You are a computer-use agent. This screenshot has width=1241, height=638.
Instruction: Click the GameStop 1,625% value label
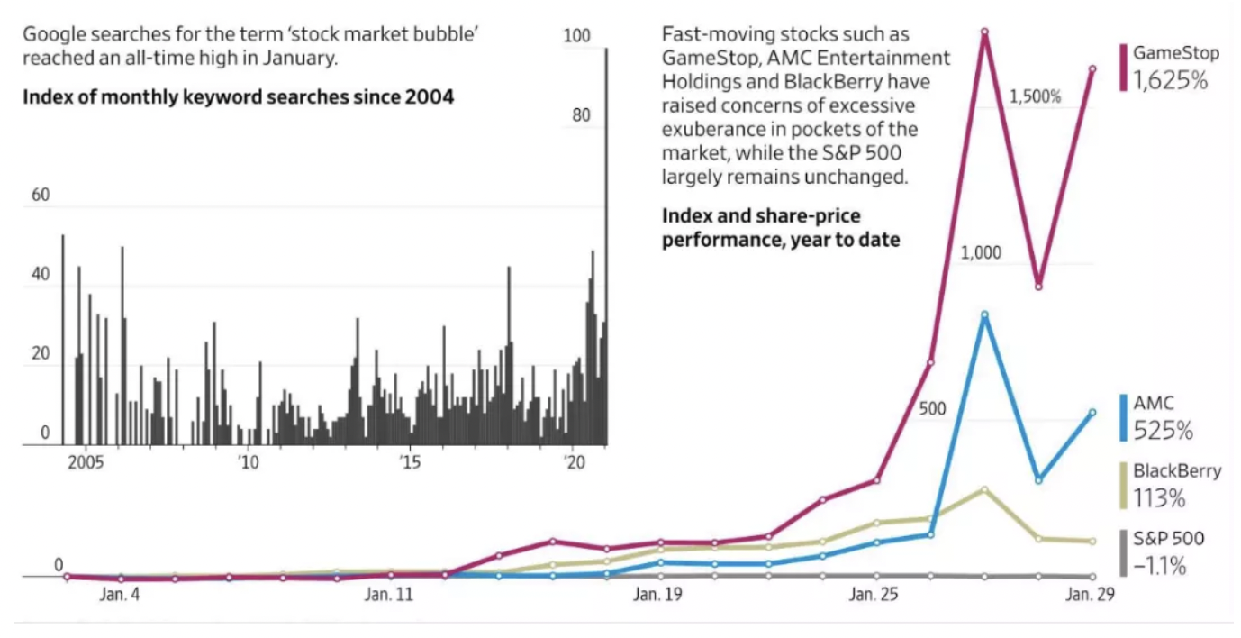[1169, 80]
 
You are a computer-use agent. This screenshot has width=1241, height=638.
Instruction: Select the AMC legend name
[1153, 404]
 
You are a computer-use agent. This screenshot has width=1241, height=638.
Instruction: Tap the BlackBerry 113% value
[1159, 498]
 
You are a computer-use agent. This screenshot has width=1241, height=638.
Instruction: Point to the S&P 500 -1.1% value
[1159, 567]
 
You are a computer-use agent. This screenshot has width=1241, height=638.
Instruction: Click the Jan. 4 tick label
[120, 595]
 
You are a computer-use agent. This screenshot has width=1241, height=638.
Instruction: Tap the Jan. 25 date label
[874, 595]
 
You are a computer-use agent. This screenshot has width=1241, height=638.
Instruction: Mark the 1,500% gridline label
[1035, 96]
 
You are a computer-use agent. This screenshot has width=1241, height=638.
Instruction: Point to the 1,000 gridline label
[981, 252]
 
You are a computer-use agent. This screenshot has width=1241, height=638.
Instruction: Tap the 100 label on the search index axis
[575, 36]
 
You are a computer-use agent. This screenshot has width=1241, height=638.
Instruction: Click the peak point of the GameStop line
[984, 32]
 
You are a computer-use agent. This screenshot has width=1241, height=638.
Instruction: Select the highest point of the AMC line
[984, 314]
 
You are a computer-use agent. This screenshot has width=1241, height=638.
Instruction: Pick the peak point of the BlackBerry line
[984, 489]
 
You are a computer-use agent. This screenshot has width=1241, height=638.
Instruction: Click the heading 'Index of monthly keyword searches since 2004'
[238, 96]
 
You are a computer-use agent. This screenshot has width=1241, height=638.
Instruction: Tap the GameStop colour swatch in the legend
[1123, 67]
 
